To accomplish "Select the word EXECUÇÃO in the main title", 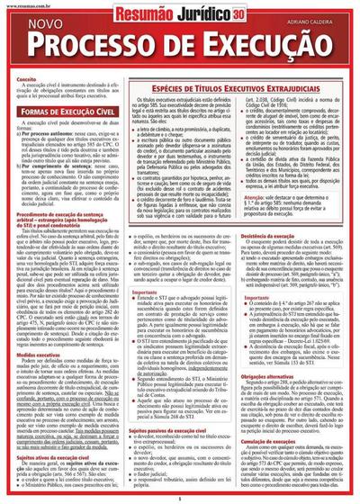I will pos(253,44).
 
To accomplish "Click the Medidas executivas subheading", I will pos(38,329).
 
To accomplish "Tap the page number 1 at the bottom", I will pos(180,499).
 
